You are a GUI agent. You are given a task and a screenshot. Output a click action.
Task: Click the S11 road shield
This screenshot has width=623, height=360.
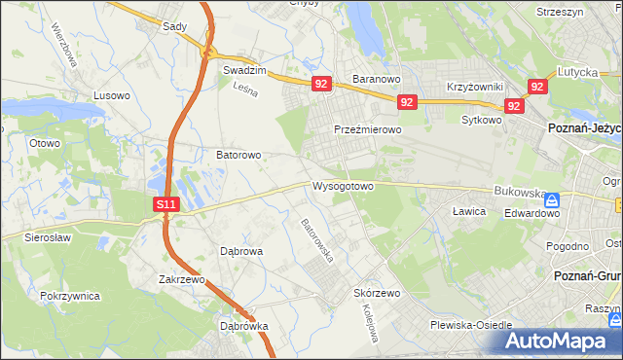[x=166, y=204]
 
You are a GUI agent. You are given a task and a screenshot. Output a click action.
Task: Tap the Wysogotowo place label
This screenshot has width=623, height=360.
[x=343, y=186]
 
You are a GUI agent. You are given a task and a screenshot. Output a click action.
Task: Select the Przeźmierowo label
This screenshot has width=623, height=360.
[x=367, y=129]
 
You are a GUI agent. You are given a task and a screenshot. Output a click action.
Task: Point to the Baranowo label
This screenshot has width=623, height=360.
[x=378, y=79]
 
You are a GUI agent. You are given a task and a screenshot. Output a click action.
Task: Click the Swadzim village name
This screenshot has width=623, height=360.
[x=244, y=71]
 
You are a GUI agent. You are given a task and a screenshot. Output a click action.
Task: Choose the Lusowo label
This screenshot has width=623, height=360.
[x=111, y=95]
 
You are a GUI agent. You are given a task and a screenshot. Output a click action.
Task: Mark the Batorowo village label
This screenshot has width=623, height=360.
[x=238, y=155]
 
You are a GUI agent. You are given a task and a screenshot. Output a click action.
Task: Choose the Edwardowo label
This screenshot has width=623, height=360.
[x=526, y=211]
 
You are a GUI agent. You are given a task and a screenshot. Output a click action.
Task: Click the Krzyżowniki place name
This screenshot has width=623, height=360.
[x=473, y=87]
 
